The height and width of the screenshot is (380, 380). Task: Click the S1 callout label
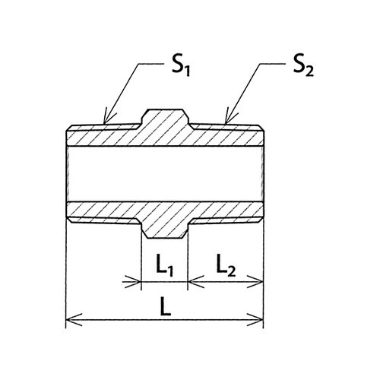pos(181,67)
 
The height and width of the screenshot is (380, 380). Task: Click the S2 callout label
pos(303,67)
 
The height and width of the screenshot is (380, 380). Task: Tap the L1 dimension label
pos(164,268)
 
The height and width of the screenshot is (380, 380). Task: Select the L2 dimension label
pos(226,268)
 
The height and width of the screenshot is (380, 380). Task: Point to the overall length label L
pos(166,307)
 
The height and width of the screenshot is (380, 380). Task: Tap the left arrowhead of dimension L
pos(74,320)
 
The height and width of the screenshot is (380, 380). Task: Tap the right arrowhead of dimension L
pos(255,320)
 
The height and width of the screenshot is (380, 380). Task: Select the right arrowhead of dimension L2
pos(255,281)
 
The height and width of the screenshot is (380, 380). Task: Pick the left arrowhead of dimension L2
pos(195,281)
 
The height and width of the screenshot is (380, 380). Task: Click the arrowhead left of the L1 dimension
pos(132,281)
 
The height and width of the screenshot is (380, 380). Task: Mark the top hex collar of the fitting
pos(165,117)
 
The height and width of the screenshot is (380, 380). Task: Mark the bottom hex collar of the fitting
pos(165,230)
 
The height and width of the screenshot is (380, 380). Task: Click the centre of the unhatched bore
pos(165,174)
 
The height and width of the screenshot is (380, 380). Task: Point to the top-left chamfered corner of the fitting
pos(69,128)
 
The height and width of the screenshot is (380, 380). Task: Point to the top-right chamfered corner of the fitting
pos(261,128)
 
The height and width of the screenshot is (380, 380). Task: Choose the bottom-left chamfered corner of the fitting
pos(69,220)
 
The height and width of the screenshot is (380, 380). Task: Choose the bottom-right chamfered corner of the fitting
pos(261,220)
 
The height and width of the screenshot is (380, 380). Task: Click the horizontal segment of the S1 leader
pos(151,64)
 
